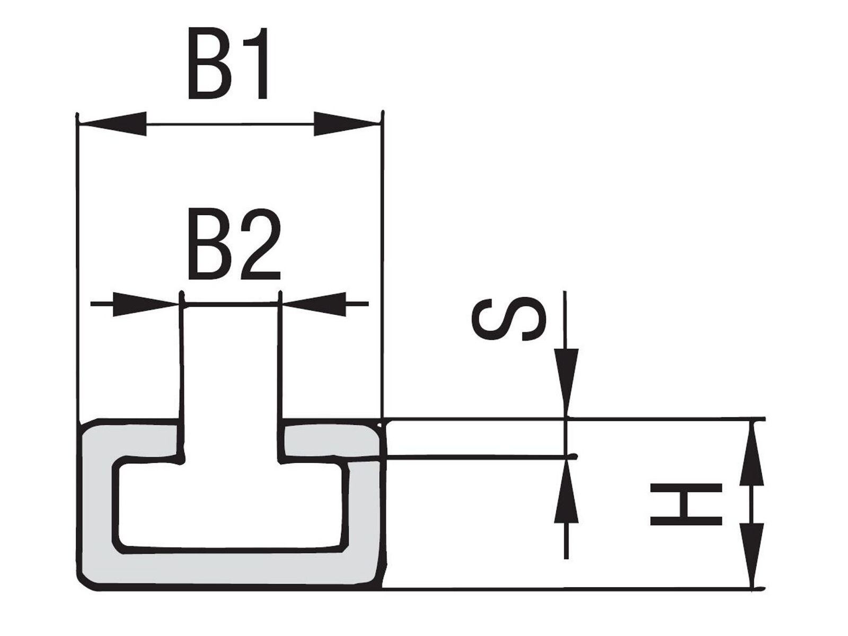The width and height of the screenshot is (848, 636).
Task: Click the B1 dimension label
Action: click(227, 63)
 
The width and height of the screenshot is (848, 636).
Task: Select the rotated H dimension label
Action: click(686, 504)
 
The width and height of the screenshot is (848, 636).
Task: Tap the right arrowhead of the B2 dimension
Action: click(314, 304)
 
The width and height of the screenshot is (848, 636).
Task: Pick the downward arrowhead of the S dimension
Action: click(566, 382)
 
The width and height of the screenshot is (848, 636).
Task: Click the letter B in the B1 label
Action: click(209, 63)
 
